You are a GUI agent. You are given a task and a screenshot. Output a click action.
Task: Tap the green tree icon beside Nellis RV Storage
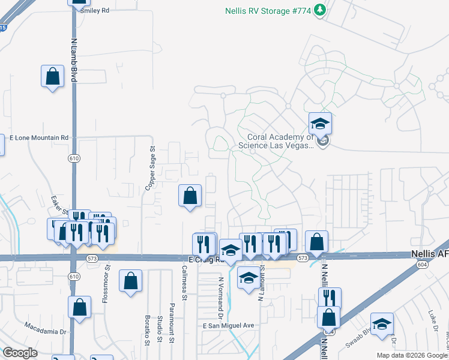pos(321,10)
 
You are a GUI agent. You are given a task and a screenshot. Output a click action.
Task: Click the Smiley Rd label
pos(95,11)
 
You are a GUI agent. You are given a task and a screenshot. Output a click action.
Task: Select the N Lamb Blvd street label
pos(74,61)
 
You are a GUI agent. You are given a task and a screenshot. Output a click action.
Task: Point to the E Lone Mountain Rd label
pos(40,137)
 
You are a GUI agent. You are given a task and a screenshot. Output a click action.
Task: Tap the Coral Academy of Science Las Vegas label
pos(276,140)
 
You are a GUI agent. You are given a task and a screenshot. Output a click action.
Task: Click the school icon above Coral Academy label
pos(321,125)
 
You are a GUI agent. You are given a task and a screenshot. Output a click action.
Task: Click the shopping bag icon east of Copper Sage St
pos(190,196)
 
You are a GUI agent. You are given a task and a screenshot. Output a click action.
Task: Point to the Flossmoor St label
pos(106,284)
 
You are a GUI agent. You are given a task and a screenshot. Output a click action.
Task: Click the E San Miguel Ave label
pos(229,325)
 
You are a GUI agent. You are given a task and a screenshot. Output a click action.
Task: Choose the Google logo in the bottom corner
pos(20,353)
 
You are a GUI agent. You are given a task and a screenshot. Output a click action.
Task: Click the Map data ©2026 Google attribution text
pos(412,355)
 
